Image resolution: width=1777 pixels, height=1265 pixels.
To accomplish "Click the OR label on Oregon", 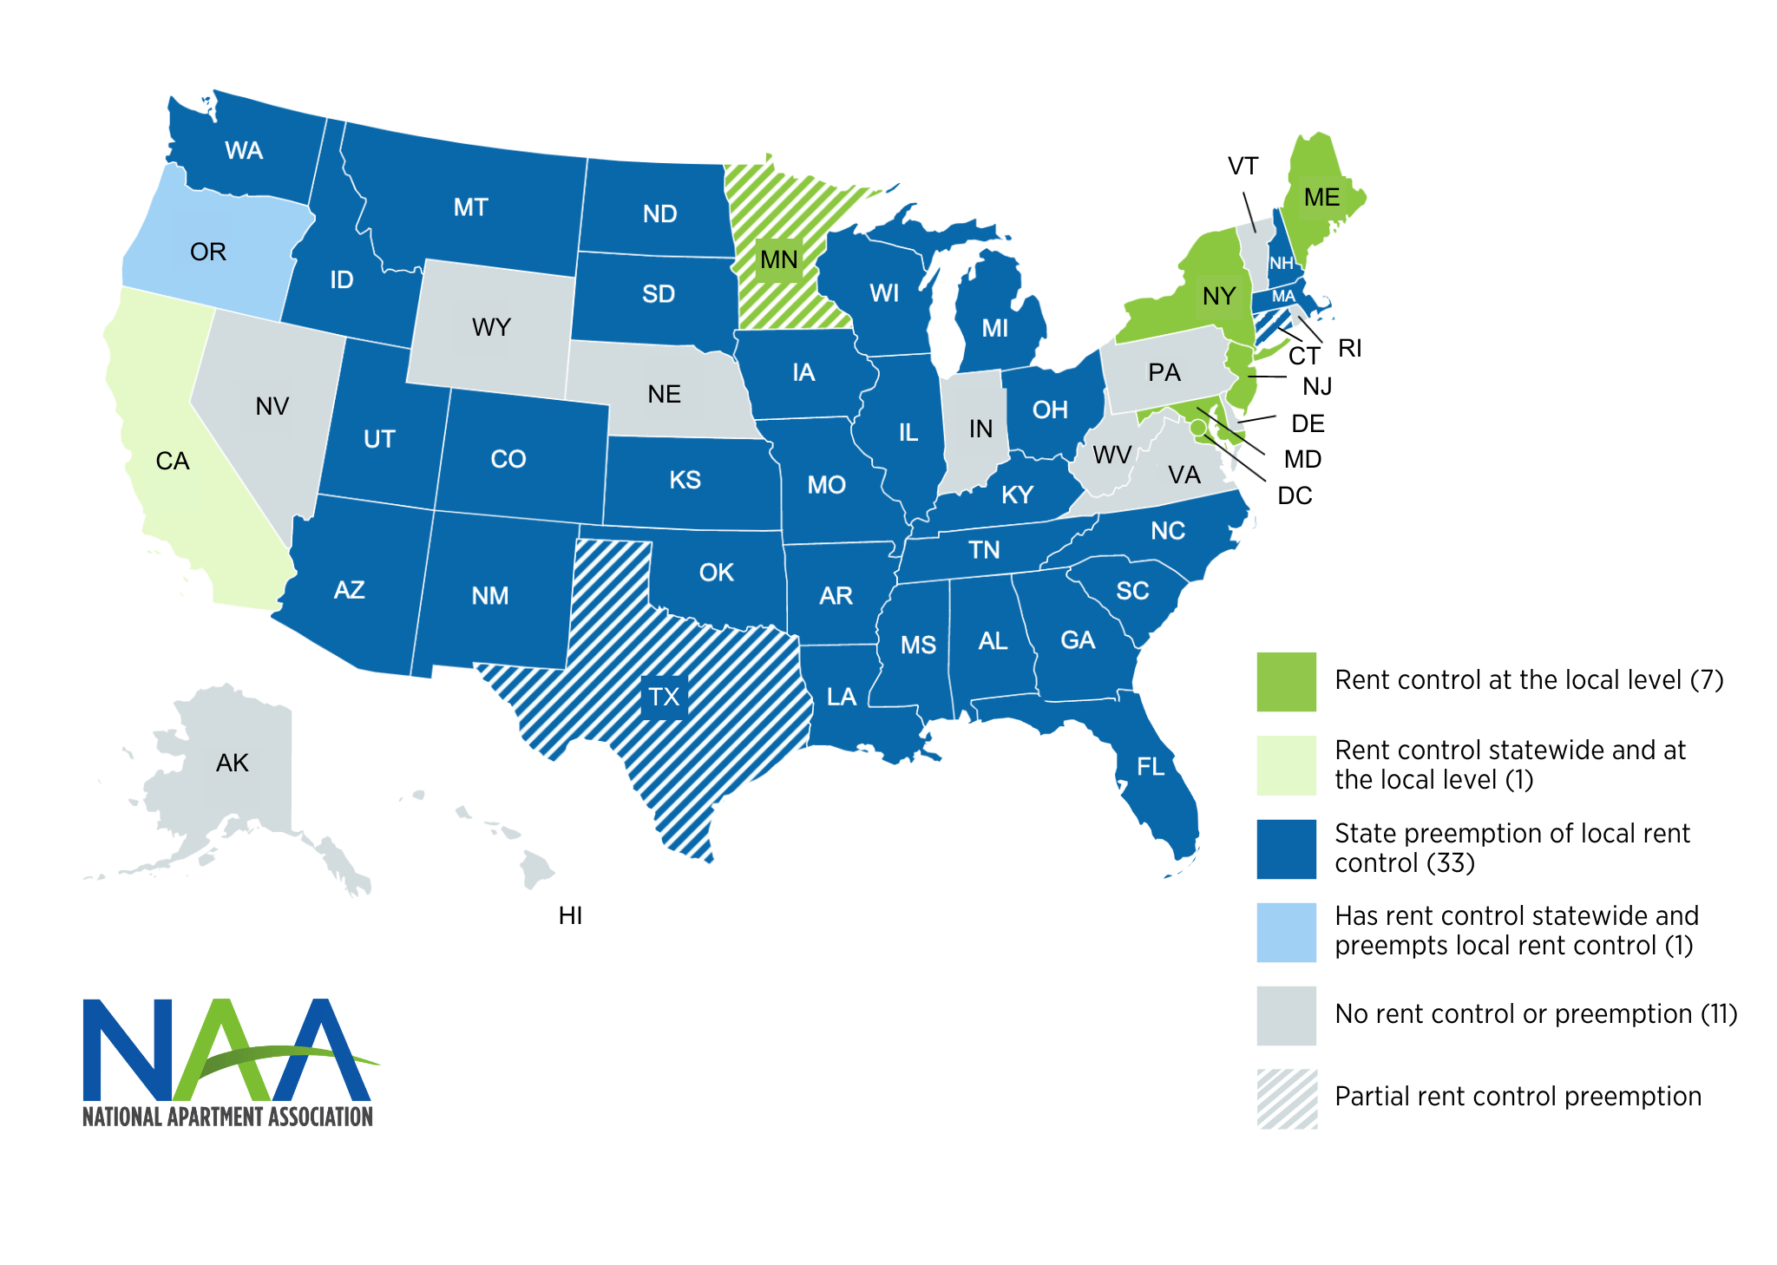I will tap(208, 252).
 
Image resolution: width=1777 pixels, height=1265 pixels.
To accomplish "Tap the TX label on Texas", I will tap(664, 697).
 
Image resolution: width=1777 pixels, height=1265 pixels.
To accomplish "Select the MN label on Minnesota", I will tap(778, 259).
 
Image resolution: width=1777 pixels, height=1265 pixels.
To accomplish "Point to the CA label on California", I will tap(172, 461).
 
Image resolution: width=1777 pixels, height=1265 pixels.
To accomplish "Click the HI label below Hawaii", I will tap(570, 915).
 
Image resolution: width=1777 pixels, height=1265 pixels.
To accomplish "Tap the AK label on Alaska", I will tap(232, 763).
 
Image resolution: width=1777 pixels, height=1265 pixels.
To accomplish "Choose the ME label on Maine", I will tap(1321, 198).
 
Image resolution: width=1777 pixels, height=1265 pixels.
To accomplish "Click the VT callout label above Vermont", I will tap(1243, 166).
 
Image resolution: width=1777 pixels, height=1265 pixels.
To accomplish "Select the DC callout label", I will tap(1295, 495).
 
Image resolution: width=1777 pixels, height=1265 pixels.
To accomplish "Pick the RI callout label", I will tap(1349, 348).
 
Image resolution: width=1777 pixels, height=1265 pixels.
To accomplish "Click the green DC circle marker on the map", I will tap(1198, 428).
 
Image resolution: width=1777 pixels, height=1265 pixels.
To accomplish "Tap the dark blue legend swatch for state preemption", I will tap(1286, 849).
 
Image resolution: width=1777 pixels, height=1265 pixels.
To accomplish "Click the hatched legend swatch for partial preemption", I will tap(1286, 1098).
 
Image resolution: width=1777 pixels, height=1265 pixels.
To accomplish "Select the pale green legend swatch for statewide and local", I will tap(1286, 765).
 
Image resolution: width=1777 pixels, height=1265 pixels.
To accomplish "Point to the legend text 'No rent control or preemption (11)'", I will tap(1535, 1013).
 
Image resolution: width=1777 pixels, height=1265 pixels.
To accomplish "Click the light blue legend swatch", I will tap(1286, 932).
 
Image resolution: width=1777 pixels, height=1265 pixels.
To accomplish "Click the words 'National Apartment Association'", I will tap(227, 1116).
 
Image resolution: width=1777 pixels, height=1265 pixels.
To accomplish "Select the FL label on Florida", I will tap(1151, 766).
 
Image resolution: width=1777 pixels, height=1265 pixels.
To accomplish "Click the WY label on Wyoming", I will tap(491, 327).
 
